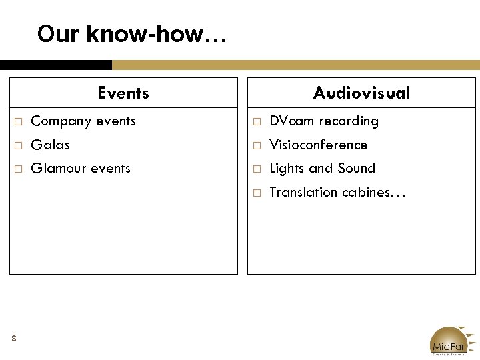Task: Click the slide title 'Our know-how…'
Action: [132, 33]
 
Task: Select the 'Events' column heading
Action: [123, 93]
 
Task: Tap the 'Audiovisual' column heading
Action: [361, 93]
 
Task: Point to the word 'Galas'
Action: [51, 145]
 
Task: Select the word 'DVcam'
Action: [291, 121]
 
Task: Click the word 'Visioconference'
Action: [318, 145]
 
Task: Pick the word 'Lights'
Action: [287, 169]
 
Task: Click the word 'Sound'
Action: [357, 169]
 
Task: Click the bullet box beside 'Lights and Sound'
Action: [257, 169]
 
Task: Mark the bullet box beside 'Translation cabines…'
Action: [257, 193]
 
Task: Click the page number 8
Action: [14, 339]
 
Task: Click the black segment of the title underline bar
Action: [56, 65]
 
